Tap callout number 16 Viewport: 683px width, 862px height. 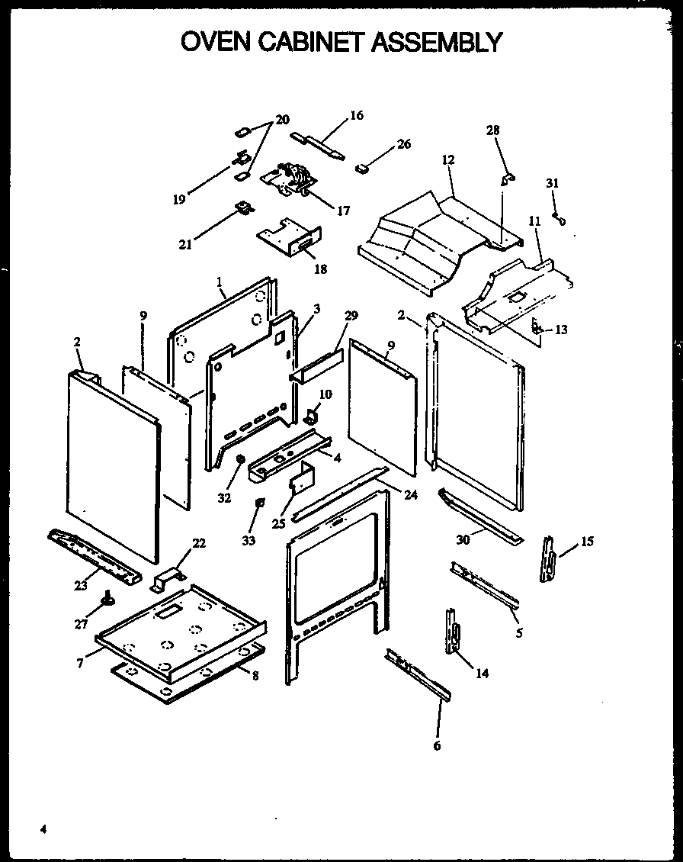356,116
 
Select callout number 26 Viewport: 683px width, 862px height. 403,144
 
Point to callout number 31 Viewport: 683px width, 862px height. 552,183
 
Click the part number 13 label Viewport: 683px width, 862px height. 561,330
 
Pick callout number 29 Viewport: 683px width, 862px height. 350,316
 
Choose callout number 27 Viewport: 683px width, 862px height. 82,623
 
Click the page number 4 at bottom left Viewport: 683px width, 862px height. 44,829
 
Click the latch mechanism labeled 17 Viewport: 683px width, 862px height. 289,180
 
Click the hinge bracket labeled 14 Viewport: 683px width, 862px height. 453,631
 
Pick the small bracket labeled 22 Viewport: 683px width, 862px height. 168,577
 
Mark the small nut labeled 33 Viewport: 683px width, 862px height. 260,503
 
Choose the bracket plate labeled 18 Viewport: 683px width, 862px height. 290,238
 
